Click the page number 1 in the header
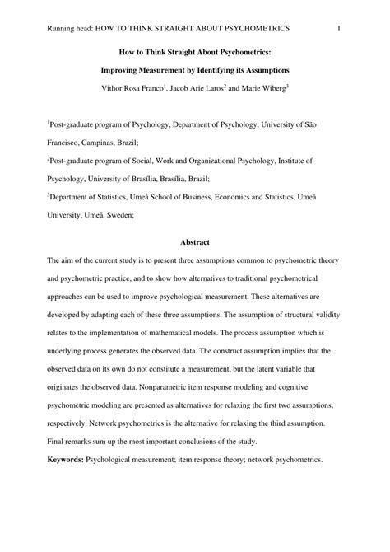click(x=339, y=29)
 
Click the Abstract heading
click(x=195, y=241)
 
